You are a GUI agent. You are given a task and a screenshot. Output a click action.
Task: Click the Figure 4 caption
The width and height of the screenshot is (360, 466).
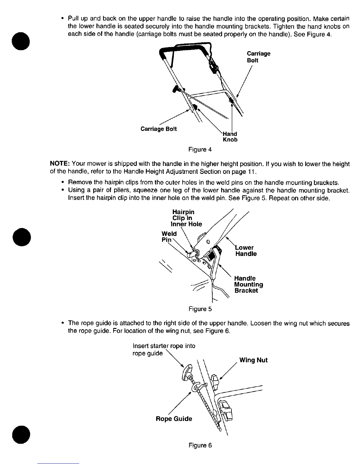click(200, 149)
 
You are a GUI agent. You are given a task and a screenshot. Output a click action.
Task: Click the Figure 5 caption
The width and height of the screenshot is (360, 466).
click(200, 309)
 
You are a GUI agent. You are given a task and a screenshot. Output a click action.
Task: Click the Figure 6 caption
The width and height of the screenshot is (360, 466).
click(200, 445)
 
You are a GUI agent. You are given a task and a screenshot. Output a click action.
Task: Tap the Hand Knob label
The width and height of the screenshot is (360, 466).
click(230, 137)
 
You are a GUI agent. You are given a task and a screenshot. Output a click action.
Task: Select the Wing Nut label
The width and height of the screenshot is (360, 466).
click(253, 360)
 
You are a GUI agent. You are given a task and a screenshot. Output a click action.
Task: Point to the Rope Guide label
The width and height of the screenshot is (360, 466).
click(174, 419)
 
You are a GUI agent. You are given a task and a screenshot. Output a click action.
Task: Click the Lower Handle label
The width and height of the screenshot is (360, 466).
click(246, 251)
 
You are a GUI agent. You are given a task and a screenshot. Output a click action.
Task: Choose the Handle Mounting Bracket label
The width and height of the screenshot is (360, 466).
click(249, 284)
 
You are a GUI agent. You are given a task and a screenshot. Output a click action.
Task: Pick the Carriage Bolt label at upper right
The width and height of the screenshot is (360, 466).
click(258, 57)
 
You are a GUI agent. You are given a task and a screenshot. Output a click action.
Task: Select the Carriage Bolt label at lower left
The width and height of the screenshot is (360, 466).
click(159, 129)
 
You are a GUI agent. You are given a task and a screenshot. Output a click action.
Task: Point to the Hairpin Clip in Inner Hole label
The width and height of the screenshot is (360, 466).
click(187, 218)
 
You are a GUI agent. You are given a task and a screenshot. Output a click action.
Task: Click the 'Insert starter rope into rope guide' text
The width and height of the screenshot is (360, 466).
click(164, 349)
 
